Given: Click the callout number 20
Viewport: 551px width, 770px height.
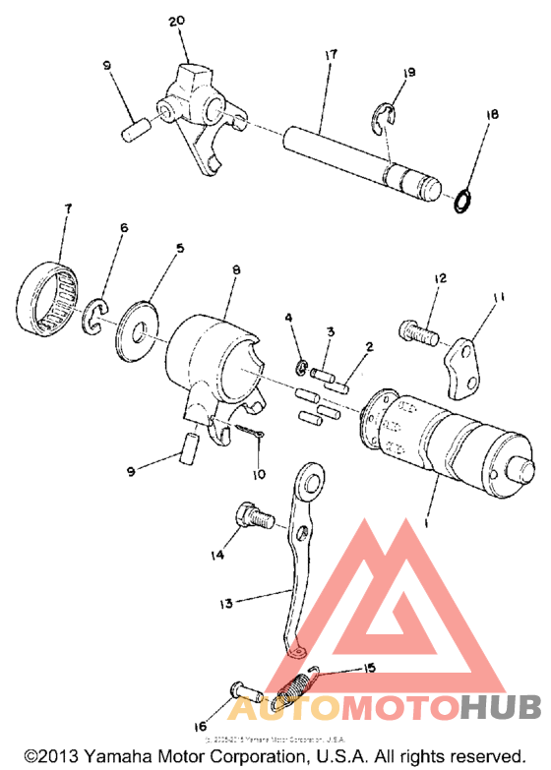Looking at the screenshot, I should point(176,21).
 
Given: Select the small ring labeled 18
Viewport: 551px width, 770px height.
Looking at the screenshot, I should point(460,202).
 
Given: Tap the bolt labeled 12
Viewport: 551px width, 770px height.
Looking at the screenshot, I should point(417,332).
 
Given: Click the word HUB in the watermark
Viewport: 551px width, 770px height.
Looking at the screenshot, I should point(501,706).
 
